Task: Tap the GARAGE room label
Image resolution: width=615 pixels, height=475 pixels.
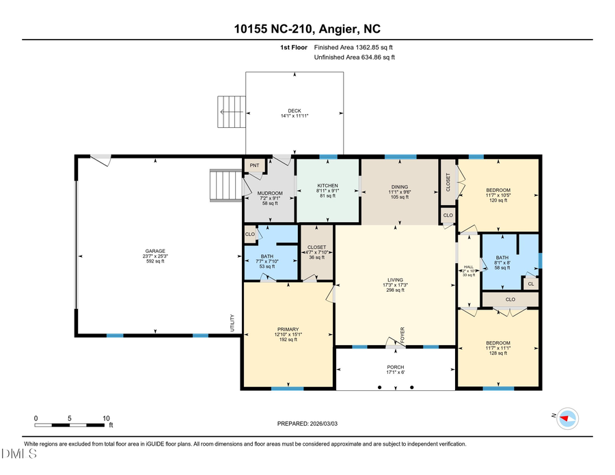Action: pyautogui.click(x=154, y=251)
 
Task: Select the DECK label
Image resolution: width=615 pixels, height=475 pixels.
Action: pyautogui.click(x=294, y=111)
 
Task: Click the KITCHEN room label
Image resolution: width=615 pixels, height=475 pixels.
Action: pyautogui.click(x=327, y=187)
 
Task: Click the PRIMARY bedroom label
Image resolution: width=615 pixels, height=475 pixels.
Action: pyautogui.click(x=287, y=329)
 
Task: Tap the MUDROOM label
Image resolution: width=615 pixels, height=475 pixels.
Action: pyautogui.click(x=270, y=193)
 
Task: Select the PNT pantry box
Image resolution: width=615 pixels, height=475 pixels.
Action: pyautogui.click(x=255, y=165)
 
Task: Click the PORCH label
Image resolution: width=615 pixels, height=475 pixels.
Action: pyautogui.click(x=396, y=368)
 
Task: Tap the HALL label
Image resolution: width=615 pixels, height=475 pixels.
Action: pyautogui.click(x=468, y=267)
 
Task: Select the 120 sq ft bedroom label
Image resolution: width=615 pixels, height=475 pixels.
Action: pyautogui.click(x=497, y=191)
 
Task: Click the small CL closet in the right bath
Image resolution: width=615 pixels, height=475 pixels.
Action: pyautogui.click(x=531, y=283)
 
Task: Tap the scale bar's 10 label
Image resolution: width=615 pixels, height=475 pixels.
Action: pyautogui.click(x=106, y=418)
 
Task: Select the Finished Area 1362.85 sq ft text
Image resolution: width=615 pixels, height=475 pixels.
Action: pyautogui.click(x=353, y=48)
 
